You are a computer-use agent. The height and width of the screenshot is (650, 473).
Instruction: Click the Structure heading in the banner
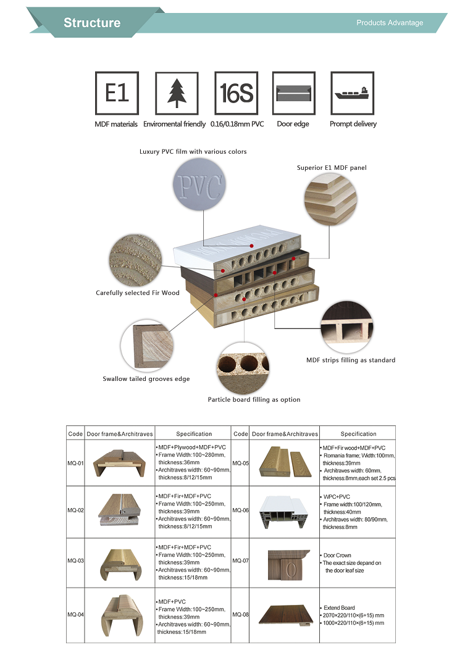[x=92, y=23]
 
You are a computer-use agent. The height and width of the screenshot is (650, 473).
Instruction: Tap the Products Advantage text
[x=390, y=23]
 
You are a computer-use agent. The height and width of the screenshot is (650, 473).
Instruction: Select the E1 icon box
[x=116, y=93]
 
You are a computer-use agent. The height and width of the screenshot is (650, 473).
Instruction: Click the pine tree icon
[x=175, y=93]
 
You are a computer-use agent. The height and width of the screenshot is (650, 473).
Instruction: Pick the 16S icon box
[x=237, y=93]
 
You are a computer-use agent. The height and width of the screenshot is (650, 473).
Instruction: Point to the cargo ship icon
[x=353, y=93]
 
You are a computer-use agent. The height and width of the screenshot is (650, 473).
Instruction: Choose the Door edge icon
[x=293, y=93]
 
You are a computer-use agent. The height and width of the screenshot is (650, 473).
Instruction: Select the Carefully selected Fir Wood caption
[x=138, y=293]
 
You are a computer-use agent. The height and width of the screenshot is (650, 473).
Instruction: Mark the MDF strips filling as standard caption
[x=351, y=360]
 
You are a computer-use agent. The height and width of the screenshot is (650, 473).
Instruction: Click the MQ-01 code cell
[x=75, y=462]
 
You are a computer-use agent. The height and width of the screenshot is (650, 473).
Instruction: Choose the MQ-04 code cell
[x=75, y=615]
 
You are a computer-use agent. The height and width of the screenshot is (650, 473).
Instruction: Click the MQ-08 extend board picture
[x=285, y=615]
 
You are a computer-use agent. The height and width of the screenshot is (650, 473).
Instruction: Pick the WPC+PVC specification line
[x=337, y=496]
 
